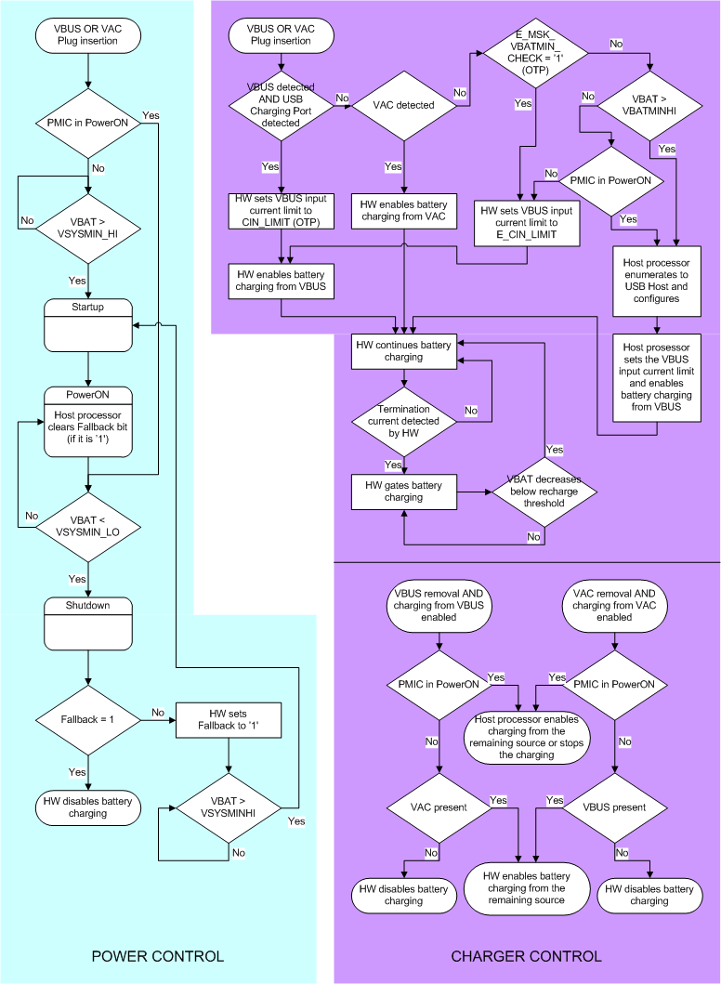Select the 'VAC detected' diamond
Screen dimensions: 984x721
pyautogui.click(x=402, y=105)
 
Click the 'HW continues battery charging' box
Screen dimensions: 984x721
pyautogui.click(x=402, y=349)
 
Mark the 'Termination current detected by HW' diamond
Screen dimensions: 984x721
pyautogui.click(x=402, y=421)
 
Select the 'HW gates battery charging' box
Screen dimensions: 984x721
pyautogui.click(x=402, y=492)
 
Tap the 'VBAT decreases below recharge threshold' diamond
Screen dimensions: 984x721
pyautogui.click(x=544, y=491)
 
